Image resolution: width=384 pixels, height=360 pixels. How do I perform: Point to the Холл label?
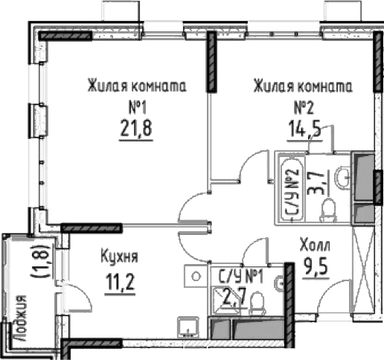316,245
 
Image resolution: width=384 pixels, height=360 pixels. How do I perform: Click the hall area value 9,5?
316,265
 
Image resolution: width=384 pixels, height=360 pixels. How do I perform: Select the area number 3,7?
316,181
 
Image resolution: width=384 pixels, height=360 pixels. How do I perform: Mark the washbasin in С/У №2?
342,176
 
